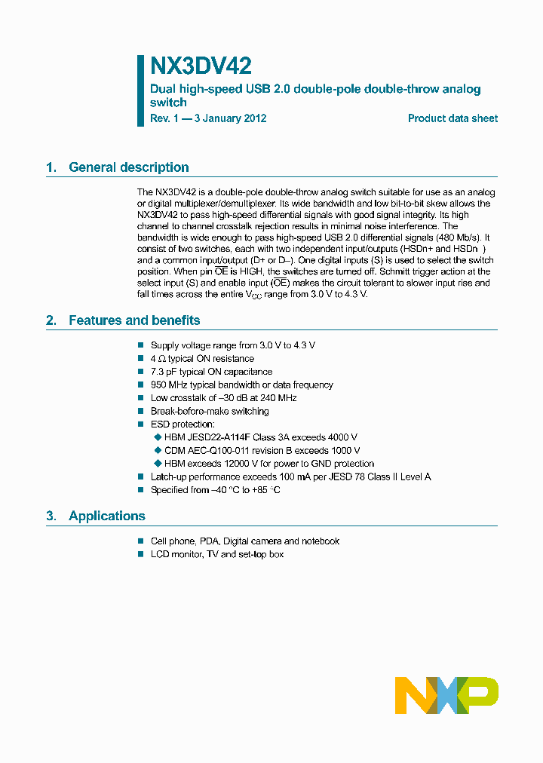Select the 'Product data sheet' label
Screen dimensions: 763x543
point(452,118)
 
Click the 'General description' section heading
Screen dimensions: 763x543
point(128,167)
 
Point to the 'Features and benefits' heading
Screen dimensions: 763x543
point(134,320)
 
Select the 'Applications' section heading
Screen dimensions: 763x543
point(106,516)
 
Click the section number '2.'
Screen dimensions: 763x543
point(51,320)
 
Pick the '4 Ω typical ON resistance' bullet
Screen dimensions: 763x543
point(202,359)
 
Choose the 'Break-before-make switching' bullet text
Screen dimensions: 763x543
point(210,411)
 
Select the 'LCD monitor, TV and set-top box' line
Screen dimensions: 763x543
point(217,554)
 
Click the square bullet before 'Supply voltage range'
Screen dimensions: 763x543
point(140,345)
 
